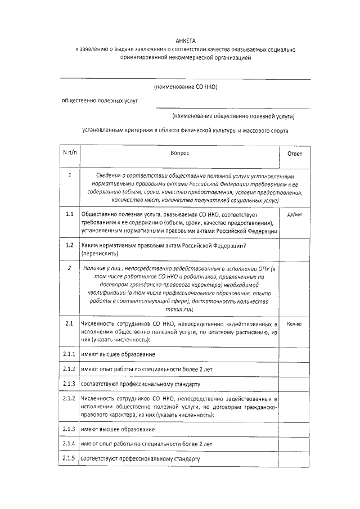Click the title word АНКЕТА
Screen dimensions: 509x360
(185, 42)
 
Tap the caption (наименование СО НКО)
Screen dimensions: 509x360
(185, 87)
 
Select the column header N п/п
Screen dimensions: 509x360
(69, 153)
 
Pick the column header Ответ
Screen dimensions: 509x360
(294, 154)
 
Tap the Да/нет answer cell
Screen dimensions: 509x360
(294, 214)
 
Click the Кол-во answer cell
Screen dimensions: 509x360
(294, 325)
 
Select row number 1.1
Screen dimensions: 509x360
(69, 214)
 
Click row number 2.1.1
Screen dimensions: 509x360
(69, 354)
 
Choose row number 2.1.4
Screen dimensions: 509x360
(69, 444)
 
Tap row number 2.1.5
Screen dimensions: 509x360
(69, 458)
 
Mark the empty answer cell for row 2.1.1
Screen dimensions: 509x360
(294, 354)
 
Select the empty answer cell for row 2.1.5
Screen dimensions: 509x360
(294, 458)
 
